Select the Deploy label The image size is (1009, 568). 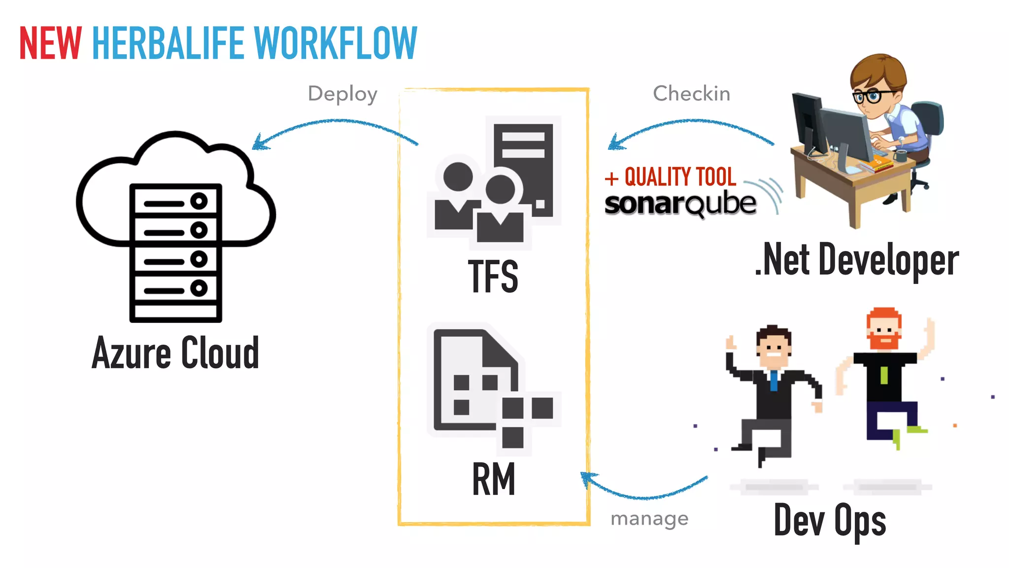[342, 94]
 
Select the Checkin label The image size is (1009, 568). [691, 94]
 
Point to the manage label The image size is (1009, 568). [649, 519]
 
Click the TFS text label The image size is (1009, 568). [493, 277]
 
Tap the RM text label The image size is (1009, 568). [494, 479]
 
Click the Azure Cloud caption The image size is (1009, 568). [175, 353]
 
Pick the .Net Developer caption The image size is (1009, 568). [857, 260]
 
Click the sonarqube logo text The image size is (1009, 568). [680, 204]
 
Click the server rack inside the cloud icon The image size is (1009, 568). [176, 252]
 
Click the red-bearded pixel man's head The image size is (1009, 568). [884, 329]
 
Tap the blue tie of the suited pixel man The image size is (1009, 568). [774, 381]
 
